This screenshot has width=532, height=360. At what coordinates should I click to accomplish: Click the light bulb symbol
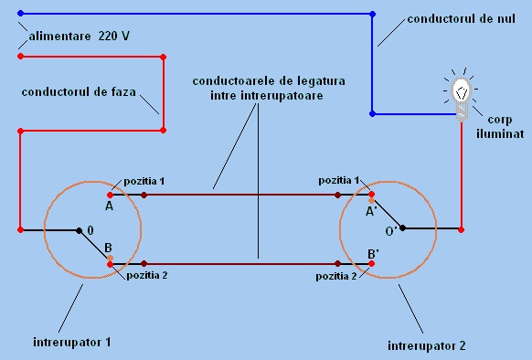pos(463,91)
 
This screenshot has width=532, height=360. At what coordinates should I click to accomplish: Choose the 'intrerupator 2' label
pos(426,346)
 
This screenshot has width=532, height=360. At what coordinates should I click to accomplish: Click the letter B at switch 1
pos(109,248)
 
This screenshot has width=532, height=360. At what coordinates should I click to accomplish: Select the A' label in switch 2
pos(372,210)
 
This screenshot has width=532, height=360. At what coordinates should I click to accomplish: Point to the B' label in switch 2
pos(374,252)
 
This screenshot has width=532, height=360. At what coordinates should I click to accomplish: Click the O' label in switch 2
pos(390,230)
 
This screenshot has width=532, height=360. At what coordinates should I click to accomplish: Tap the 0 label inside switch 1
pos(90,230)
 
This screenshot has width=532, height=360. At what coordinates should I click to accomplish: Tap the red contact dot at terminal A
pos(110,195)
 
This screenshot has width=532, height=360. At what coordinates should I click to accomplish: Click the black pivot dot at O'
pos(402,228)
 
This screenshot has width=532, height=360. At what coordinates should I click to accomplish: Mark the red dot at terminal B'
pos(370,264)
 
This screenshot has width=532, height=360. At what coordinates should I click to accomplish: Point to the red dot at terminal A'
pos(371,195)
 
